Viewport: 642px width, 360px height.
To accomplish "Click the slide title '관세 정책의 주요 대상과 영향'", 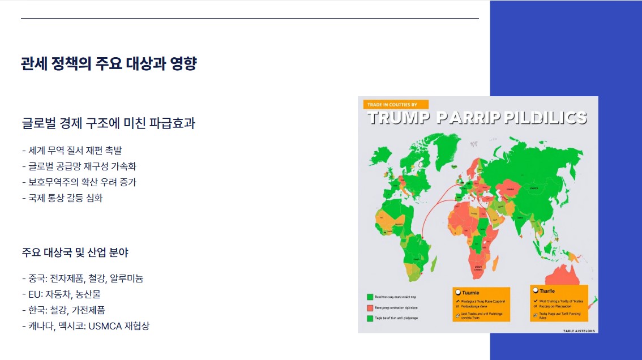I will (109, 63).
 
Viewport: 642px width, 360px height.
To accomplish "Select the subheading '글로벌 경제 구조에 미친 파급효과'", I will (108, 123).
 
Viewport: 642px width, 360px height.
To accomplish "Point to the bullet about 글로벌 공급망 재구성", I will (79, 166).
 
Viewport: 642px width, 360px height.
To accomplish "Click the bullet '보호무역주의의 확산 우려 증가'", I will (79, 182).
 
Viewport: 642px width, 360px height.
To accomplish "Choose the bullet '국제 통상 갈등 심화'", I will (62, 198).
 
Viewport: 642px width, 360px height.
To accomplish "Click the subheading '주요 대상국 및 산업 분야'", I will (75, 252).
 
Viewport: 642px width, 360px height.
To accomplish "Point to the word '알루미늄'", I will (126, 278).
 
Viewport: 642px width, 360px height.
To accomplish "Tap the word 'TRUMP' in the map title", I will (399, 118).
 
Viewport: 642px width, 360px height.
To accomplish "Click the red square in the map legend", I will (369, 307).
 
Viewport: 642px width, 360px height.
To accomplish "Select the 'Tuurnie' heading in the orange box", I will (470, 293).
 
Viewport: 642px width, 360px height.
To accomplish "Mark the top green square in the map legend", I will (369, 296).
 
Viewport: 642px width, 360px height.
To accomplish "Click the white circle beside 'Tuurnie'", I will (457, 293).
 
